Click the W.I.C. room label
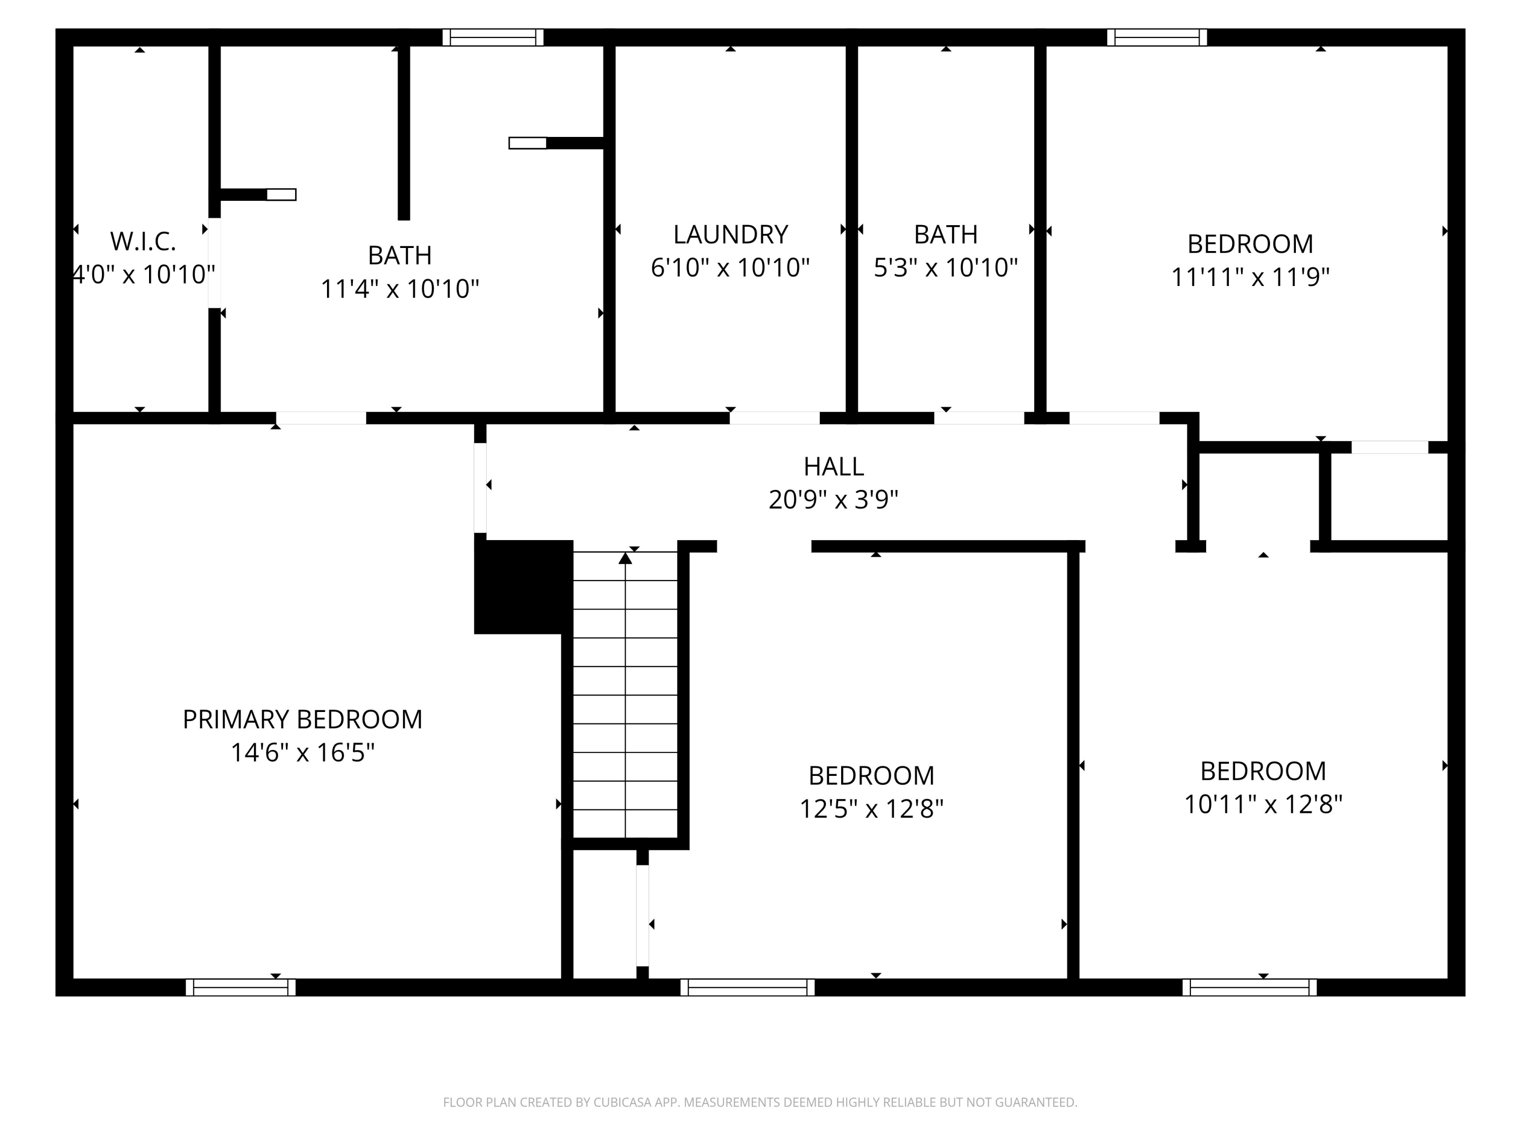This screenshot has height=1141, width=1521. (x=143, y=241)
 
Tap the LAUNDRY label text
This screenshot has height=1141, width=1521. (x=730, y=234)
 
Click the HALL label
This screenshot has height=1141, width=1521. (x=834, y=467)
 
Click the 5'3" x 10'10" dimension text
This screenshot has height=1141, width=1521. (x=946, y=268)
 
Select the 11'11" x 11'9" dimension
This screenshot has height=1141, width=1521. (x=1250, y=277)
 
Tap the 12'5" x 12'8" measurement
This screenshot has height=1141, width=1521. (x=871, y=809)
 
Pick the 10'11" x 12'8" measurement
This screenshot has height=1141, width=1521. (x=1263, y=804)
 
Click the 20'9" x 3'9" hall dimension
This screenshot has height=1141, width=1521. (x=834, y=500)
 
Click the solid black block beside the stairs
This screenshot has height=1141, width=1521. (x=523, y=586)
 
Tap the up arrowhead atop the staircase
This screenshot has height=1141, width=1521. (x=625, y=558)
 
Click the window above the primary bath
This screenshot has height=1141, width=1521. (x=493, y=37)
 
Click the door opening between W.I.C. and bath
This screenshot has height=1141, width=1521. (x=214, y=263)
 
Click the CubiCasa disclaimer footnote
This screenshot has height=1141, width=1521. (x=760, y=1102)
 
